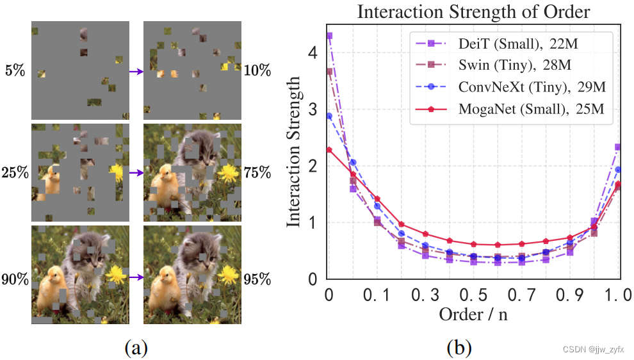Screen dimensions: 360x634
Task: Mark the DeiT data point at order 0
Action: coord(329,36)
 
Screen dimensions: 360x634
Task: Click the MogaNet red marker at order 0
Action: coord(329,150)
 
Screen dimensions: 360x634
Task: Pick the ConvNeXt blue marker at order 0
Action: coord(329,116)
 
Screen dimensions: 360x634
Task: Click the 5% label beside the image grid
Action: coord(14,71)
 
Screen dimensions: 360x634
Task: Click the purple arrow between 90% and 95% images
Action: coord(136,277)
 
